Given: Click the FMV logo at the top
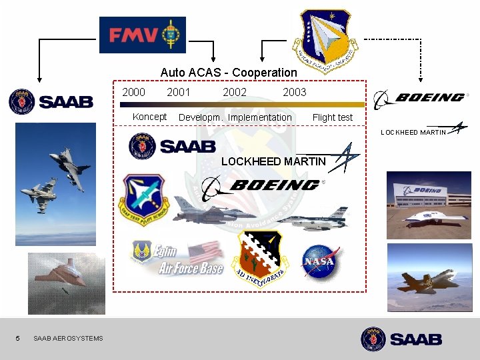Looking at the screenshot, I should pos(142,35).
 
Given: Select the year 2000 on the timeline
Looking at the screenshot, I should pos(133,92).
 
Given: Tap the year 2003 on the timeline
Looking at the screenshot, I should pos(294,92).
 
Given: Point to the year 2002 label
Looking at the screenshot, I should pos(234,92).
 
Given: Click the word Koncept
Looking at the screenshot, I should pos(149,117).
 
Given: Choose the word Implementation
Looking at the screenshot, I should pos(260,117).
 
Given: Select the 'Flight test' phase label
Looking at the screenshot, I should pos(332,117).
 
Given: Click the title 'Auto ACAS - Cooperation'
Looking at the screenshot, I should pos(229,72).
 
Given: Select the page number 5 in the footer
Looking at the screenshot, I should pos(18,338).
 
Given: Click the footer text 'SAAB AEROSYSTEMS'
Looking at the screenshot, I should pos(68,338).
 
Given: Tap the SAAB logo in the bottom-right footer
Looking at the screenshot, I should pos(401,339).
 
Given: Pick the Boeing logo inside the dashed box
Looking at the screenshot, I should pos(263,186).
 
